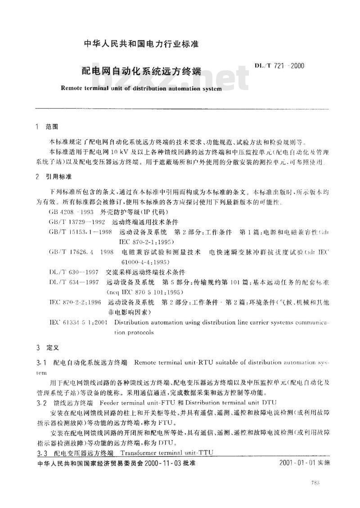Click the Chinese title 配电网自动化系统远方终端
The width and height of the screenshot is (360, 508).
pos(140,72)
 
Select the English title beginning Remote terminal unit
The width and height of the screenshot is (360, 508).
pos(140,89)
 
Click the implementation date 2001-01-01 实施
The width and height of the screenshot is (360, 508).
pos(304,463)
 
